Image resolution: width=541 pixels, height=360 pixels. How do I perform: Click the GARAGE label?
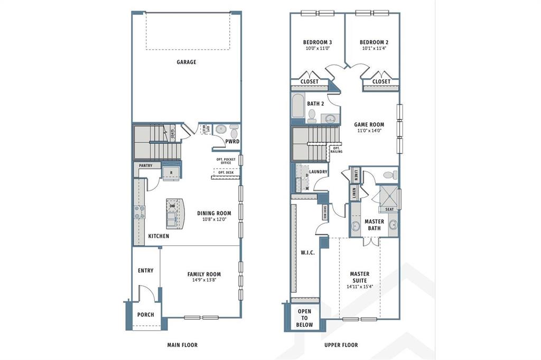(x=186, y=62)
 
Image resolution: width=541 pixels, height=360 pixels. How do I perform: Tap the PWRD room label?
(x=232, y=142)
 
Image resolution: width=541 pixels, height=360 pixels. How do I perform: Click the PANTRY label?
(x=145, y=166)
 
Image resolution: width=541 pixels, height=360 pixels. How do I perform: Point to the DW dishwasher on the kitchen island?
(x=172, y=206)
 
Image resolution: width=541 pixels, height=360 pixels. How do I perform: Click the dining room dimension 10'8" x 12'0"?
(x=214, y=220)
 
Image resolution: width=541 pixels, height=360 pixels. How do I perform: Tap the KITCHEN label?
(x=158, y=236)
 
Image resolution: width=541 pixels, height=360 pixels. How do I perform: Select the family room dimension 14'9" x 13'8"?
(x=204, y=281)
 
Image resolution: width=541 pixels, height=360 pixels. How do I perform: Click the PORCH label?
(x=145, y=315)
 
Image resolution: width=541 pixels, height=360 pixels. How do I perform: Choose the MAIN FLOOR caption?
(x=182, y=345)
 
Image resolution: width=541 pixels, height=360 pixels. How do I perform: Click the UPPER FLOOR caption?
(x=341, y=345)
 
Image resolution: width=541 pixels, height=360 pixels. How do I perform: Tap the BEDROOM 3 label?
(x=317, y=42)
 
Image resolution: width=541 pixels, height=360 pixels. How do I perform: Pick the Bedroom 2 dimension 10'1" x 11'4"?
(x=374, y=49)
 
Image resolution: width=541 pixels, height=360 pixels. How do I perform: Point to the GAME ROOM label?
(x=369, y=125)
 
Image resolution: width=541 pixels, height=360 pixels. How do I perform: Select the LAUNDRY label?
(x=318, y=172)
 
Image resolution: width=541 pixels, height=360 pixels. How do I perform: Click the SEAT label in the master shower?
(x=389, y=209)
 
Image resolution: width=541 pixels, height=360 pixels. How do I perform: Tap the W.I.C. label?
(x=307, y=253)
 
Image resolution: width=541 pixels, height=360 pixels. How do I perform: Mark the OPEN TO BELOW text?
(x=305, y=318)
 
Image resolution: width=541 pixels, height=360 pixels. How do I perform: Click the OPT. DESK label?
(x=226, y=172)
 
